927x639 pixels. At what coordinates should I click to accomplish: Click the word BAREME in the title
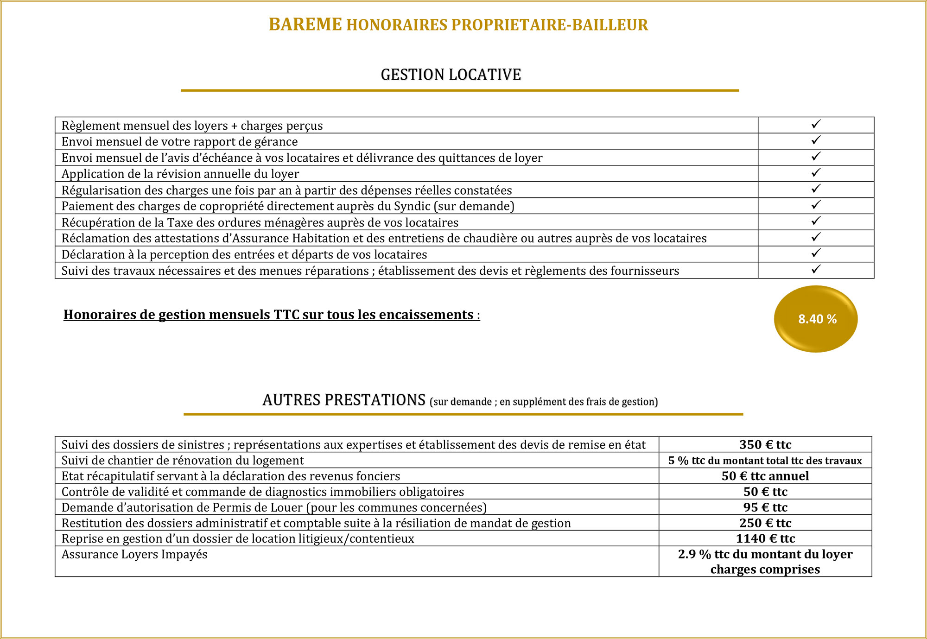click(305, 25)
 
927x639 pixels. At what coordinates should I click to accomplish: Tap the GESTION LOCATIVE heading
click(451, 75)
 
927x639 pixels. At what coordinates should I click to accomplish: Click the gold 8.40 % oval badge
click(816, 319)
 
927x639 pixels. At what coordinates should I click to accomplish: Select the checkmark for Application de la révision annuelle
click(816, 172)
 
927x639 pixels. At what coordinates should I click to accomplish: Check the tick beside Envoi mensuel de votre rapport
click(816, 140)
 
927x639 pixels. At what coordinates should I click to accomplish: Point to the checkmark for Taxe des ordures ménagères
click(816, 221)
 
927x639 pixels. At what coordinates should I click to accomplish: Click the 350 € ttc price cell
click(765, 445)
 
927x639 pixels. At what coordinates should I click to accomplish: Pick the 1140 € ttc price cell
click(765, 538)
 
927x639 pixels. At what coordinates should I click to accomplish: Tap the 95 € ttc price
click(765, 507)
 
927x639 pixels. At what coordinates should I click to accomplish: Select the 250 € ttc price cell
click(765, 523)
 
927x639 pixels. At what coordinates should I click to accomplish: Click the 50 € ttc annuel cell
click(765, 476)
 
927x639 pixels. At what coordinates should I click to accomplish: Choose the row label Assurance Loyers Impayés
click(134, 555)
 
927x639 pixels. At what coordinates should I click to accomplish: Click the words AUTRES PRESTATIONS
click(343, 400)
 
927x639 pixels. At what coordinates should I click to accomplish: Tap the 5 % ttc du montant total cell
click(765, 461)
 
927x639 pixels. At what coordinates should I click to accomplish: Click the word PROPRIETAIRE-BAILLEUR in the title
click(550, 25)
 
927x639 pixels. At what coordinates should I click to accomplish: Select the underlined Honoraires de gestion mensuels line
click(272, 315)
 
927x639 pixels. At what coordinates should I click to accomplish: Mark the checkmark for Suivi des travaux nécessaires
click(816, 269)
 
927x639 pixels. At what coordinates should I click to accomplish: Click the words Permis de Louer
click(257, 508)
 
